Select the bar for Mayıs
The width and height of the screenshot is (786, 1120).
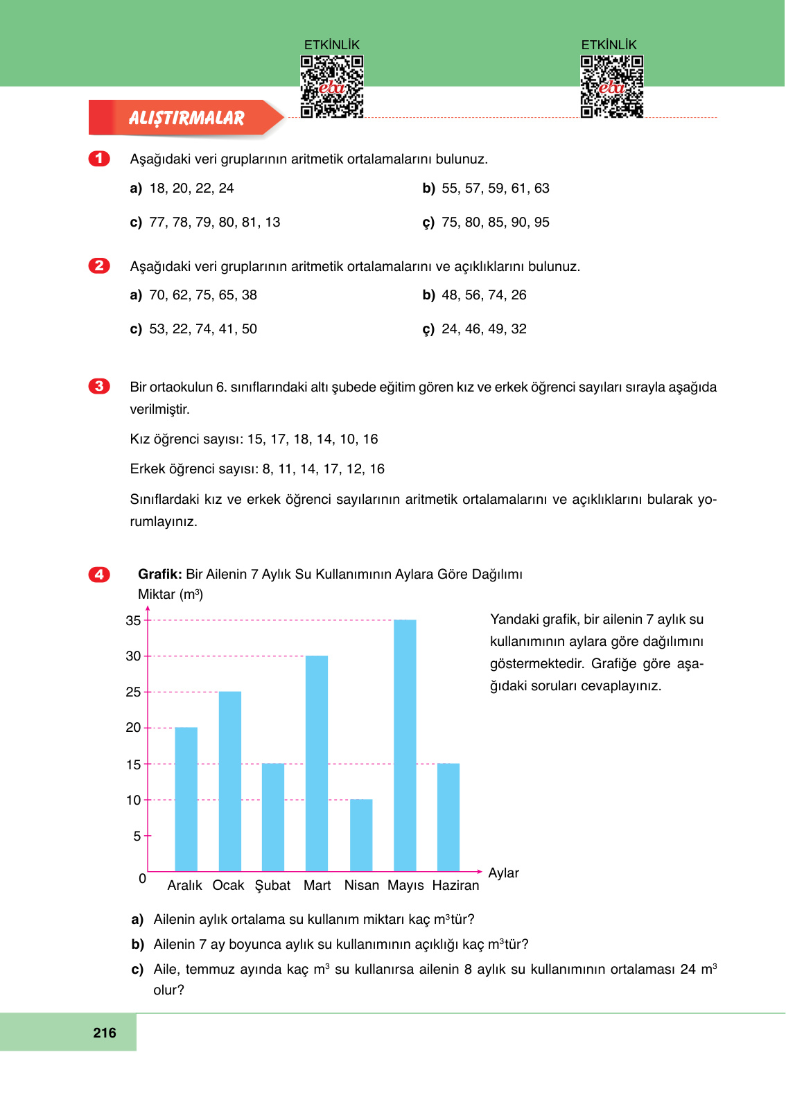click(405, 745)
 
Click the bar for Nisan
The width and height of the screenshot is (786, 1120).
click(361, 835)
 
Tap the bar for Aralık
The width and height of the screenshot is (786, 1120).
click(186, 799)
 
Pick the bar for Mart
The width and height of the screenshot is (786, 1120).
click(317, 763)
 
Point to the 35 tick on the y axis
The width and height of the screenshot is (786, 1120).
click(133, 621)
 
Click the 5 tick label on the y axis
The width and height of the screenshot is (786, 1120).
click(137, 837)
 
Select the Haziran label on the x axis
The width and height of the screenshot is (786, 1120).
click(455, 886)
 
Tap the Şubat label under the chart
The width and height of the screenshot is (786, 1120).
click(272, 886)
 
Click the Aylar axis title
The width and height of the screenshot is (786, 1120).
click(503, 873)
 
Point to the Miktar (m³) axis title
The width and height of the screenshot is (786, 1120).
click(171, 595)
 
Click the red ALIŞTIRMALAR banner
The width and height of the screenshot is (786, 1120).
click(186, 119)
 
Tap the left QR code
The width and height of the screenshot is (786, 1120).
click(331, 87)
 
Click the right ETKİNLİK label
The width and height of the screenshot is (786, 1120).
click(609, 45)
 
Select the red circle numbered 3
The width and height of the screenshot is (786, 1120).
click(99, 387)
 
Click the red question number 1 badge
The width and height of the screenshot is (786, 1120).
click(99, 159)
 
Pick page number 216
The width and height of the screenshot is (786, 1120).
click(105, 1033)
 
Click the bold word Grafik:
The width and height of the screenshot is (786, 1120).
click(159, 575)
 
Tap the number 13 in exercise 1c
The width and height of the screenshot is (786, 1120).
click(272, 222)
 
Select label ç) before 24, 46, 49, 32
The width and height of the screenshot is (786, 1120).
click(428, 329)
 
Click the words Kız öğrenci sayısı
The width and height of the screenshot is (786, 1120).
click(186, 439)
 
